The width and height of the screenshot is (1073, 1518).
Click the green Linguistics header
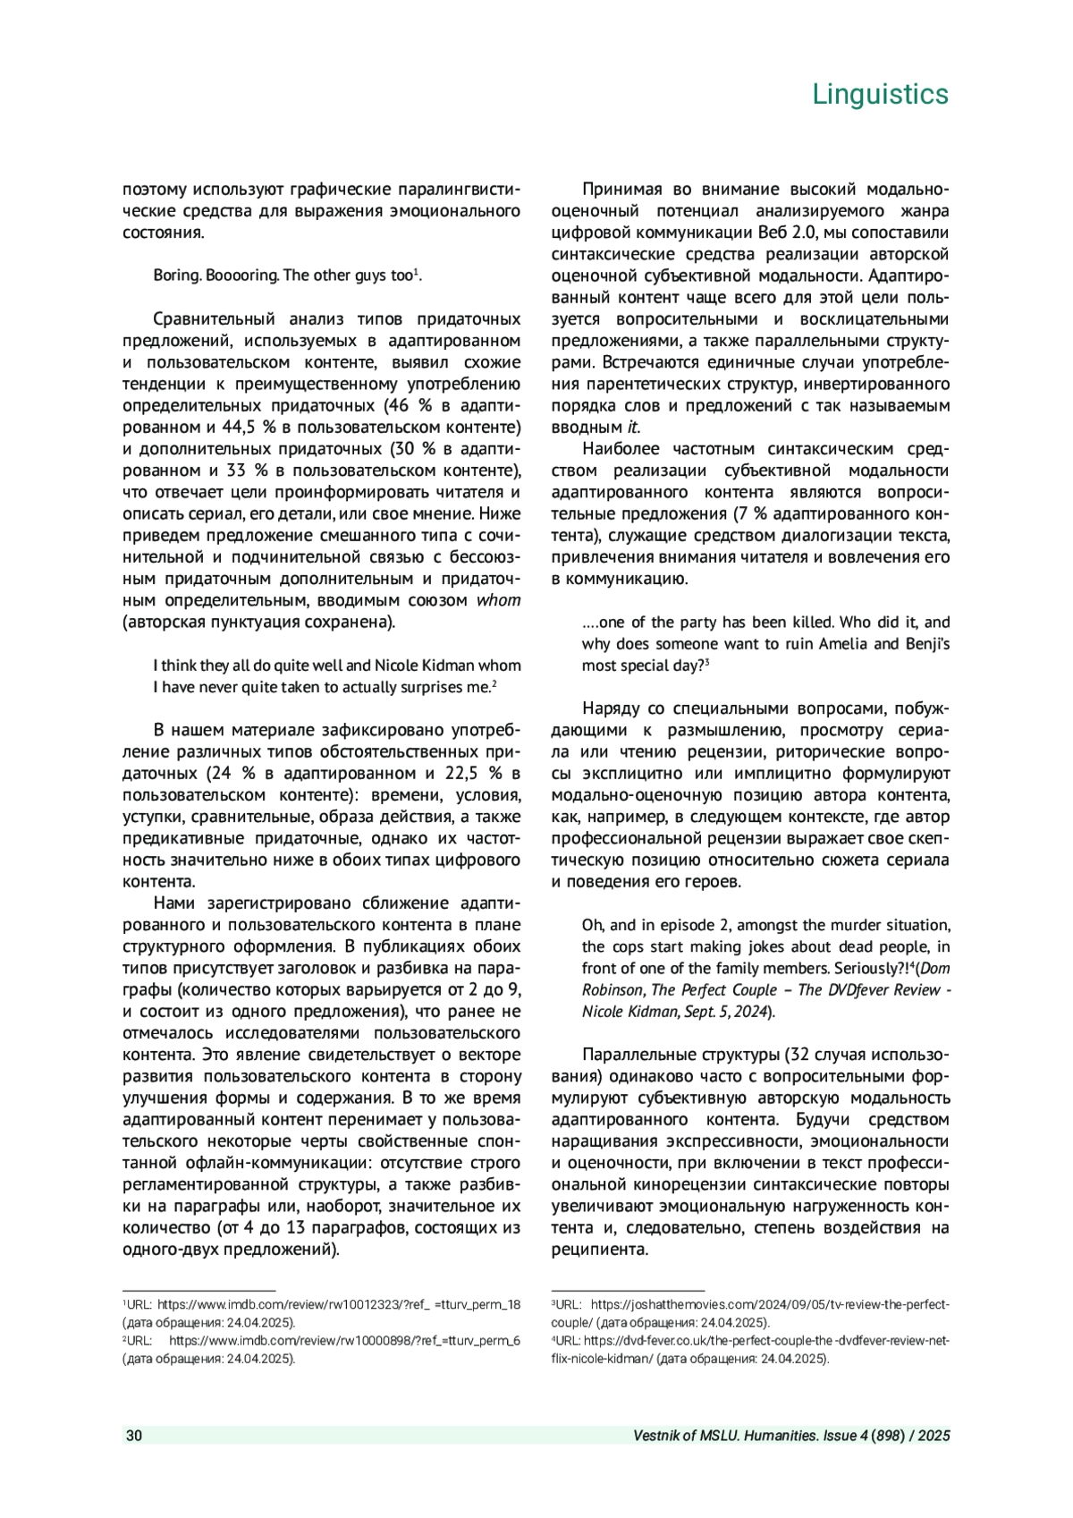880,94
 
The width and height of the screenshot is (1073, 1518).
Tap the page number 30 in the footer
134,1436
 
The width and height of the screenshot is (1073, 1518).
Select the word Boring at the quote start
176,276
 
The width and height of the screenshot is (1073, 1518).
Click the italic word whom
498,600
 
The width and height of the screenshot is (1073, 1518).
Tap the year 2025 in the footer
933,1436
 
